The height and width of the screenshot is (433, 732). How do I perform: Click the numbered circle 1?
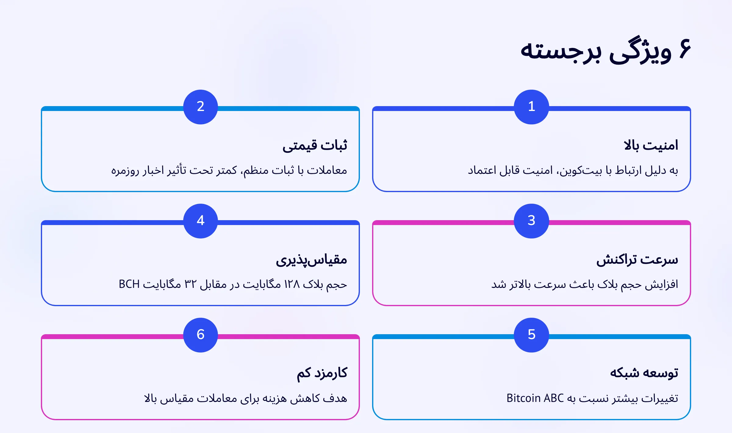pos(531,107)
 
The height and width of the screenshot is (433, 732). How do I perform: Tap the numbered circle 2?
pos(200,107)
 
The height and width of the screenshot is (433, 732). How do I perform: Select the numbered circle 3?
pos(531,221)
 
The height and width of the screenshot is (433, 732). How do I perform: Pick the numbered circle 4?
pos(200,221)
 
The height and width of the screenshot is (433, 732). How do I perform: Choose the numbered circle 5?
pos(531,335)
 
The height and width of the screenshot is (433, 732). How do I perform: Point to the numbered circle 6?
pos(200,335)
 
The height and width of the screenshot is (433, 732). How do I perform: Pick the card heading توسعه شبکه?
pos(644,373)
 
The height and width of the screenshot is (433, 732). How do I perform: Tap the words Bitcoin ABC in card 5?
pos(535,398)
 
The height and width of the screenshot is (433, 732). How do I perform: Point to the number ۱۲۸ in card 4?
pos(292,284)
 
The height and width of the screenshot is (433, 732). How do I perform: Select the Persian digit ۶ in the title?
pos(685,49)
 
